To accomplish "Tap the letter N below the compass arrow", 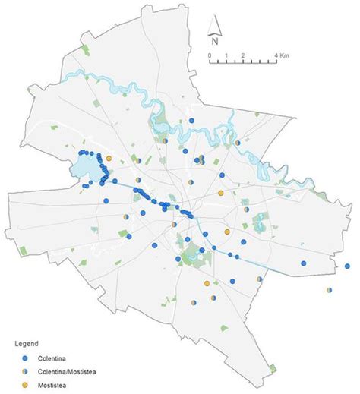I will (x=216, y=43).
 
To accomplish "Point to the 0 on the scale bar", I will (x=209, y=57).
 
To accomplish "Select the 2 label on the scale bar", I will (x=242, y=57).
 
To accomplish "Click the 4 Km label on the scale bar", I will (x=279, y=57).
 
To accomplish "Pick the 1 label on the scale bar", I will (x=225, y=57).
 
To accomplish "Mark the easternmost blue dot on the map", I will (x=347, y=266).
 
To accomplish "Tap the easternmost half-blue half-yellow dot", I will (x=330, y=289).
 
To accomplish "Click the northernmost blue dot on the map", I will (x=192, y=121).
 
